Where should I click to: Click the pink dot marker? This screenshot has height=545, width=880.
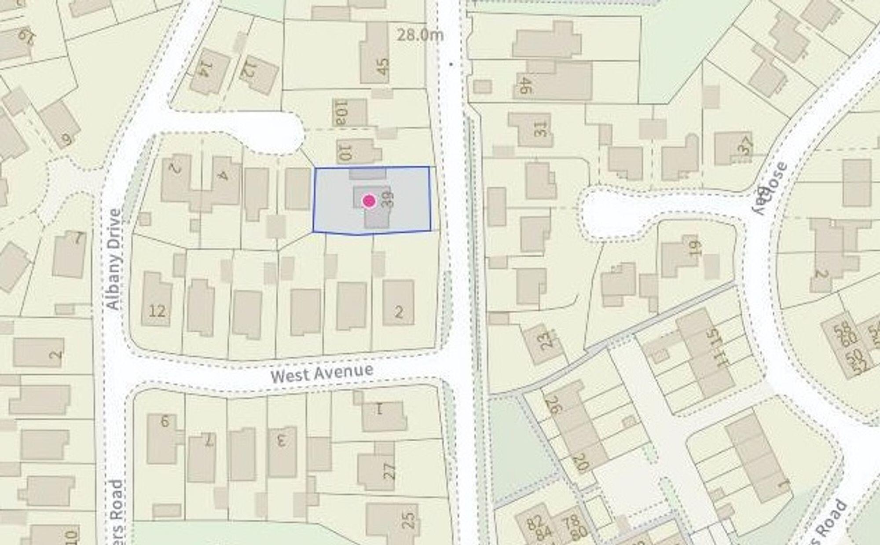[369, 201]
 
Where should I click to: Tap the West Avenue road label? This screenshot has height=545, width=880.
[322, 373]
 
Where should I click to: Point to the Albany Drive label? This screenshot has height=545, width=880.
[114, 259]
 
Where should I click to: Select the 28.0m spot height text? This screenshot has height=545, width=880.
[420, 35]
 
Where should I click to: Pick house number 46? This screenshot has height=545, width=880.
[524, 85]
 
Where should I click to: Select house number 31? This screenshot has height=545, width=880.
[539, 129]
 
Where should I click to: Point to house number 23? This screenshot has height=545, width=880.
[545, 340]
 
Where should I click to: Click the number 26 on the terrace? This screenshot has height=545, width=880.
[554, 405]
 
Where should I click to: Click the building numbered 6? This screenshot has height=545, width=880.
[165, 421]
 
